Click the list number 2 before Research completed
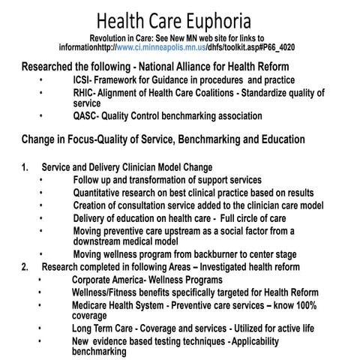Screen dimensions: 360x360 (x=25, y=266)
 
